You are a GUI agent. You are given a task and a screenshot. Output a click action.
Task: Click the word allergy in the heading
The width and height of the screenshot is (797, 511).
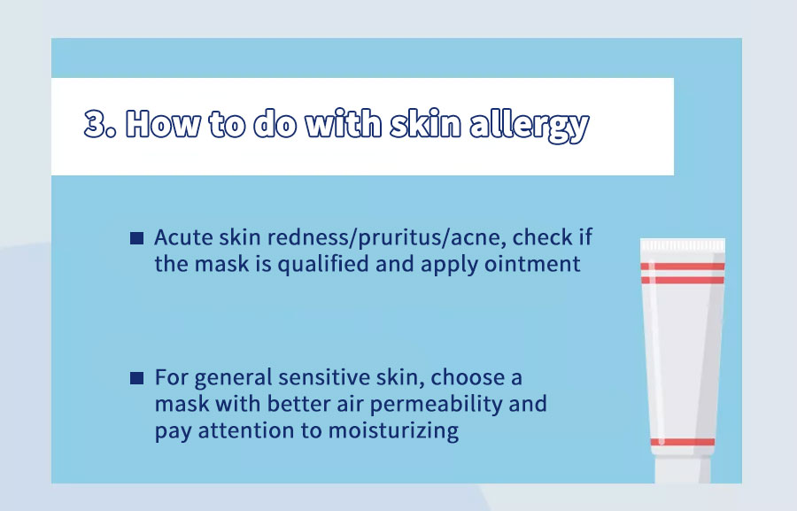(530, 126)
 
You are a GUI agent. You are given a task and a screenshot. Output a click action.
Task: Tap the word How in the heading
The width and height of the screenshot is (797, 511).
(163, 124)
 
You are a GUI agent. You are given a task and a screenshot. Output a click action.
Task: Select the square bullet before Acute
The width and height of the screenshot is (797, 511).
(136, 238)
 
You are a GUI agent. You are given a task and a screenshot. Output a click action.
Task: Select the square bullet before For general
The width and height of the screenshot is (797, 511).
(136, 378)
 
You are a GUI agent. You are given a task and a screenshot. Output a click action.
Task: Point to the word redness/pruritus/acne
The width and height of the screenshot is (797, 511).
(387, 238)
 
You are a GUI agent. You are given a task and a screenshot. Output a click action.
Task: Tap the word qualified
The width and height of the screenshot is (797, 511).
(322, 265)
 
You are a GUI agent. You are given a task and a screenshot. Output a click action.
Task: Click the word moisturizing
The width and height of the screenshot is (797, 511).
(393, 431)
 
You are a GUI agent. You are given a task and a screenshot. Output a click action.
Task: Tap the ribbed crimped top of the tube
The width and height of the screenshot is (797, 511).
(683, 244)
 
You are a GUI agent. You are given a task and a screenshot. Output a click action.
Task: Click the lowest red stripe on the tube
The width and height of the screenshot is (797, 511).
(683, 442)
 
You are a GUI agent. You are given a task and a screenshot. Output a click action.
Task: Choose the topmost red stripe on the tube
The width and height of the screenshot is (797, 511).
(683, 267)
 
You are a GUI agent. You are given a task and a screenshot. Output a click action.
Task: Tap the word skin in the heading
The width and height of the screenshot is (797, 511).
(425, 124)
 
